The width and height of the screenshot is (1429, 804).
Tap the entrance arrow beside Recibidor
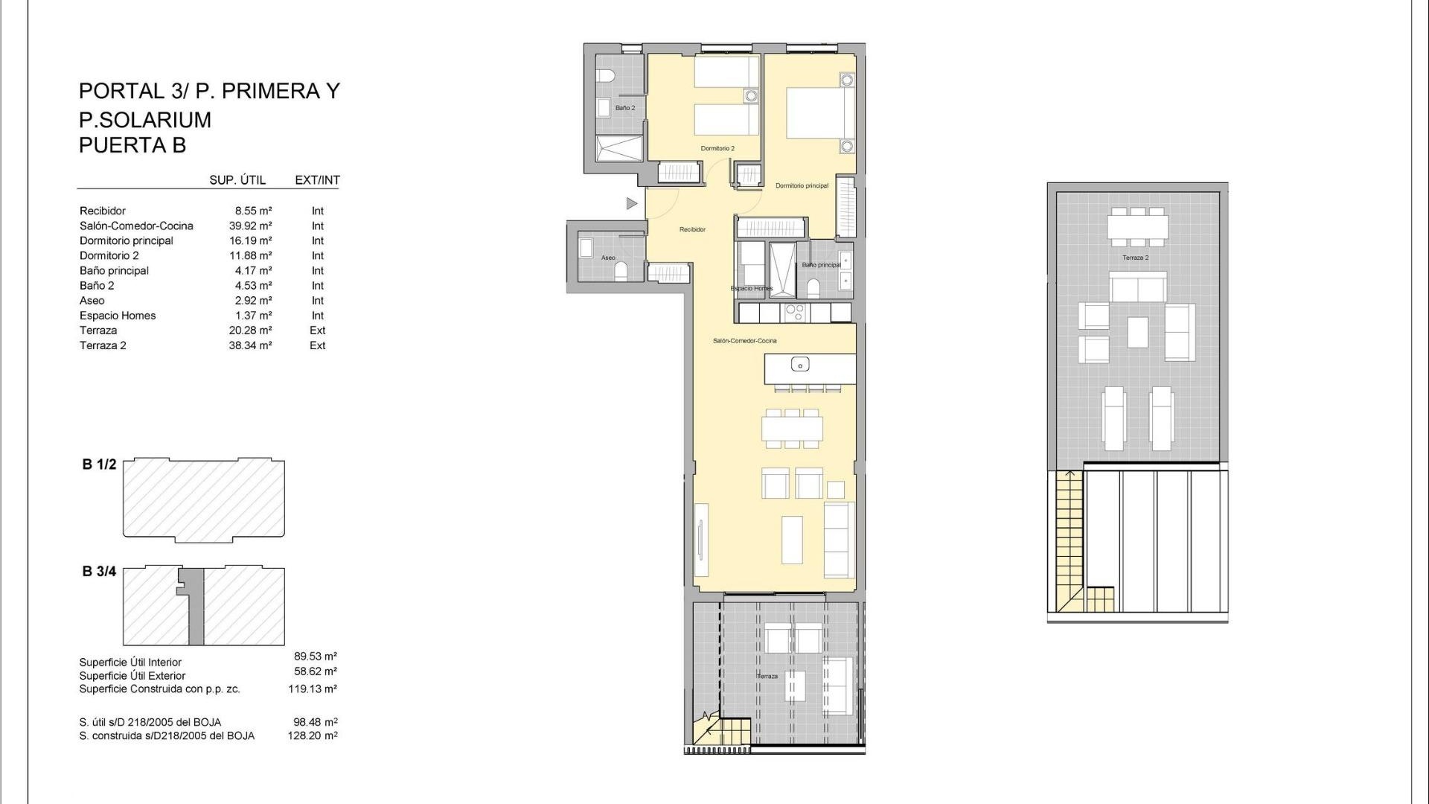(631, 203)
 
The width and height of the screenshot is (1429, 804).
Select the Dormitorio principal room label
(802, 185)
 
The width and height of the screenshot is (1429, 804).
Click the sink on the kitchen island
(800, 365)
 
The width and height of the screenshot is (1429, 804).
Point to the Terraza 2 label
(1135, 258)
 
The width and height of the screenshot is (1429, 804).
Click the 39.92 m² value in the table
(250, 226)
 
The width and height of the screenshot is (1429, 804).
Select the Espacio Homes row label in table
(118, 315)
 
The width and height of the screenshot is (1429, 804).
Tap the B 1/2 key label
(99, 465)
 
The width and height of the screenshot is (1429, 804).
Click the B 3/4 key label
(99, 572)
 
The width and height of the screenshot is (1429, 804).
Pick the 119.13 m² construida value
(313, 689)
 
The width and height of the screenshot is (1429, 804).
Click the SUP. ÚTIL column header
(237, 180)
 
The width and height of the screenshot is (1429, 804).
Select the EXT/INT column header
(317, 180)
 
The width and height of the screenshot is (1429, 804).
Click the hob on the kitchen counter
(795, 312)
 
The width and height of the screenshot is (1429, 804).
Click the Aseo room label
(608, 258)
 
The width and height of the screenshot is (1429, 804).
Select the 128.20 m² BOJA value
(313, 736)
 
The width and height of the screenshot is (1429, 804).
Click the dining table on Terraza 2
(1137, 227)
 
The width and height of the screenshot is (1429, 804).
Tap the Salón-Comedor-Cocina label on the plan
(744, 340)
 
